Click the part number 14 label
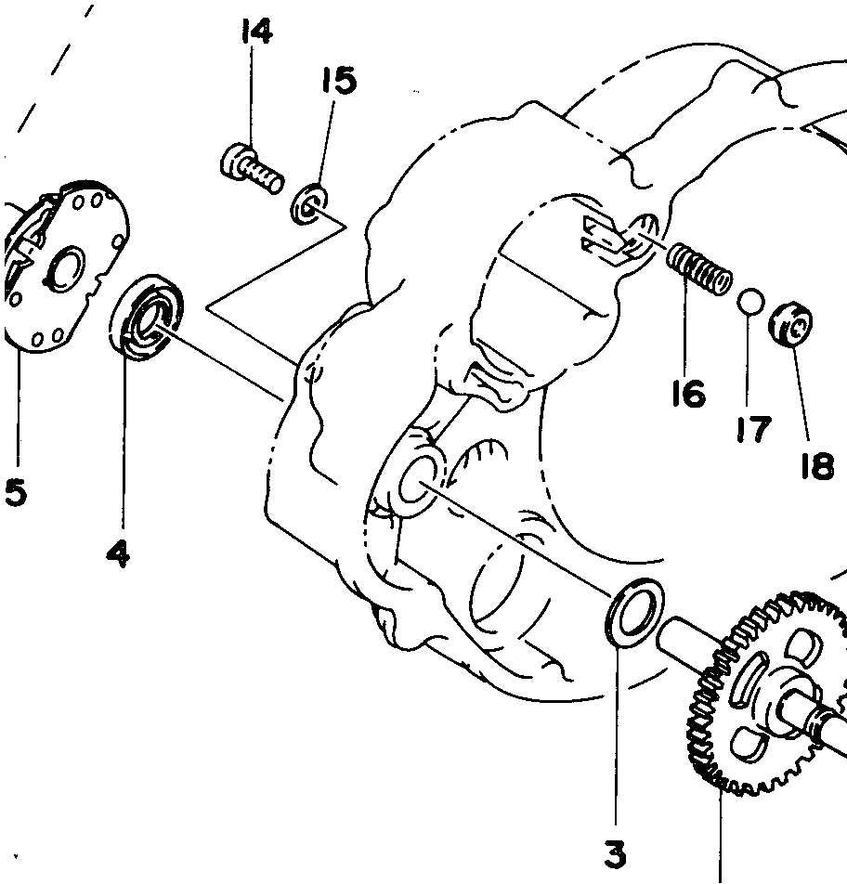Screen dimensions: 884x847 point(255,32)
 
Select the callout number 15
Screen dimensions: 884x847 point(339,81)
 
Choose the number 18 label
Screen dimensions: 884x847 point(816,465)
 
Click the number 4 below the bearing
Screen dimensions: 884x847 point(118,553)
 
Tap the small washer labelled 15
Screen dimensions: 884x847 point(308,206)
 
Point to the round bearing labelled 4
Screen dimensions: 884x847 point(148,317)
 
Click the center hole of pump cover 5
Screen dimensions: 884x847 point(68,269)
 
